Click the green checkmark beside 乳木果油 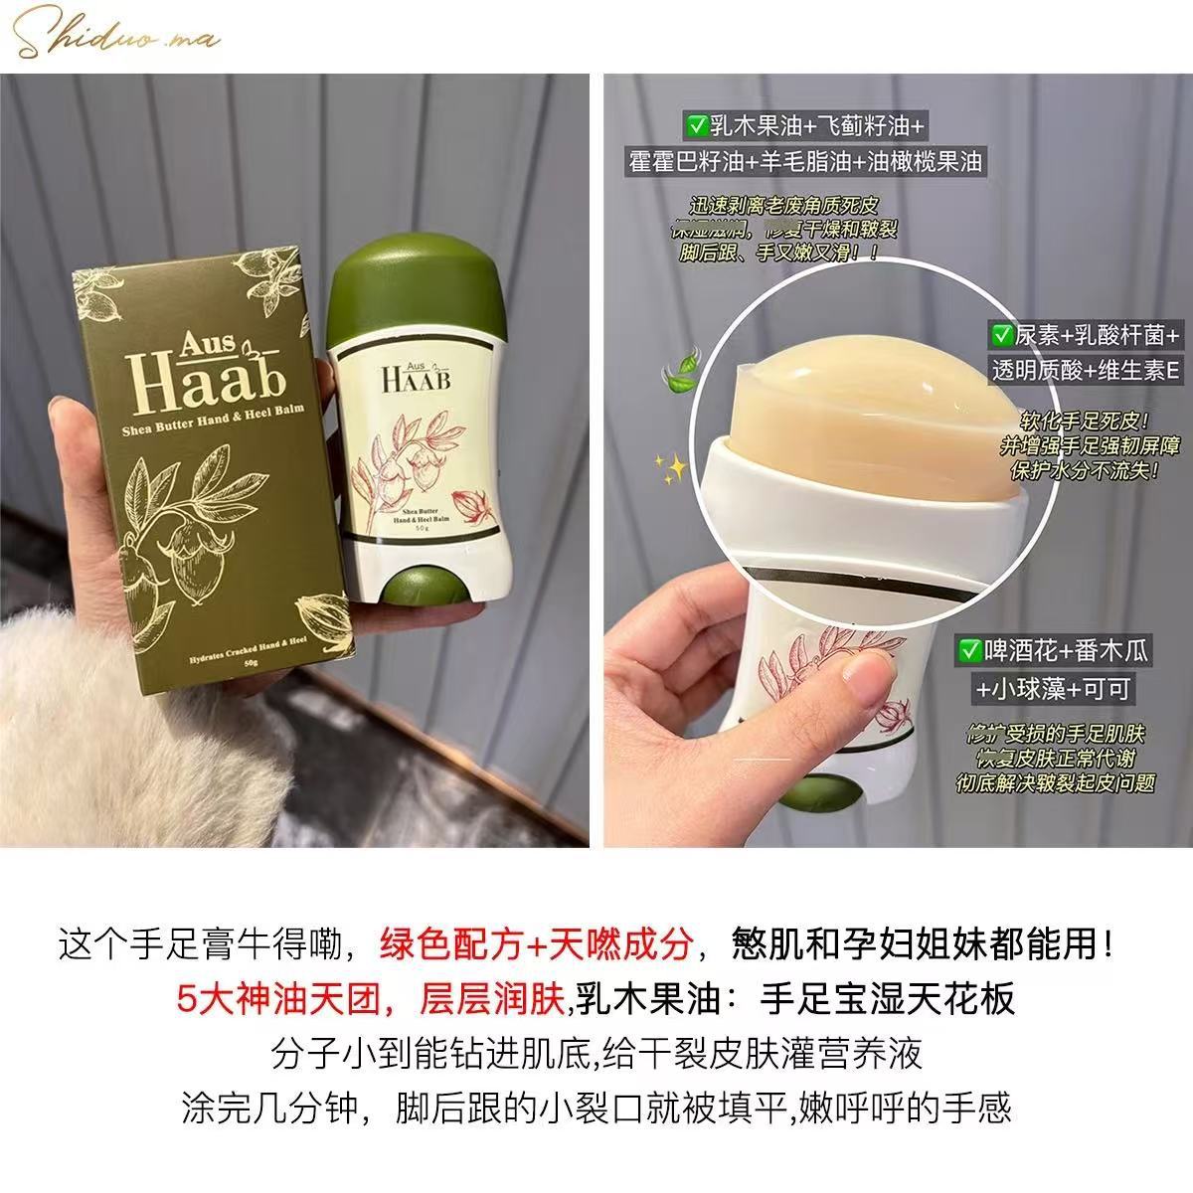pyautogui.click(x=695, y=126)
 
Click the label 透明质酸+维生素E pyautogui.click(x=1084, y=371)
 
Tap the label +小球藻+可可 pyautogui.click(x=1052, y=688)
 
